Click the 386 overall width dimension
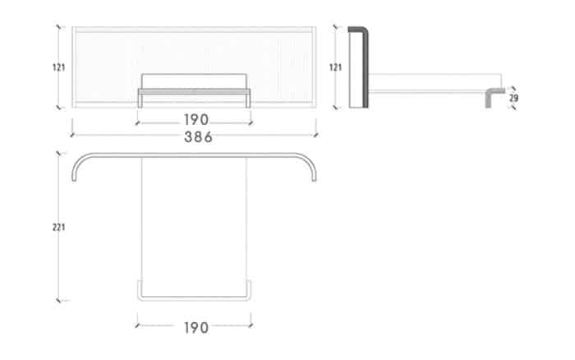coord(198,137)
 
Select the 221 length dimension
coord(58,228)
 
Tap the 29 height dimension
coord(513,98)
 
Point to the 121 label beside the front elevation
coord(58,67)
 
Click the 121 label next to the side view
coord(335,67)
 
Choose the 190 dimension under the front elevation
coord(196,120)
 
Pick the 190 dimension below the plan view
coord(196,328)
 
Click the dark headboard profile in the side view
coord(366,66)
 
